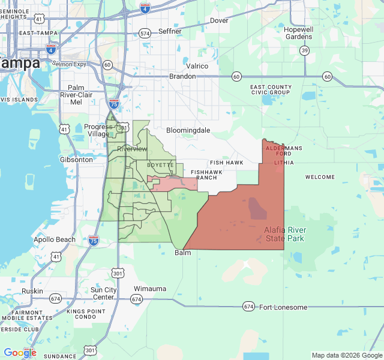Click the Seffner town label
click(x=170, y=31)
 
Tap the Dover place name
click(x=219, y=20)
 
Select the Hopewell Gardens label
click(x=299, y=32)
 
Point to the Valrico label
click(x=197, y=66)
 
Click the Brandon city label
click(x=182, y=76)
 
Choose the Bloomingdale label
click(x=188, y=130)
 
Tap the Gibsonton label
click(x=76, y=160)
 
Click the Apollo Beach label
click(x=55, y=240)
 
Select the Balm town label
click(x=182, y=253)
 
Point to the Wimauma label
click(x=149, y=289)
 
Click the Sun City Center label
click(x=103, y=293)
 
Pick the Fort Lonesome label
click(x=283, y=307)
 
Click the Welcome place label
click(x=320, y=177)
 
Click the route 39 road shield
click(x=305, y=50)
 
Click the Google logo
click(x=20, y=353)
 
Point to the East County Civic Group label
click(x=271, y=90)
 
